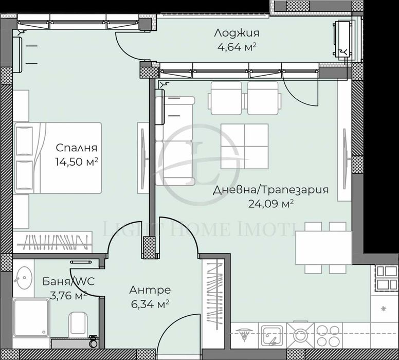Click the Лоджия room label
(x=237, y=34)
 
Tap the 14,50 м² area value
(x=77, y=161)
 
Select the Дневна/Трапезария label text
(x=270, y=190)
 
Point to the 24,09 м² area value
(x=270, y=203)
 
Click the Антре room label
(x=150, y=291)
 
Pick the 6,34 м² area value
(x=150, y=304)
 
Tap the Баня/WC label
(x=65, y=282)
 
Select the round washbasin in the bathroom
(x=23, y=281)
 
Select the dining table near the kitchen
(x=323, y=248)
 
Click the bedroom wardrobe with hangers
(x=51, y=241)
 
